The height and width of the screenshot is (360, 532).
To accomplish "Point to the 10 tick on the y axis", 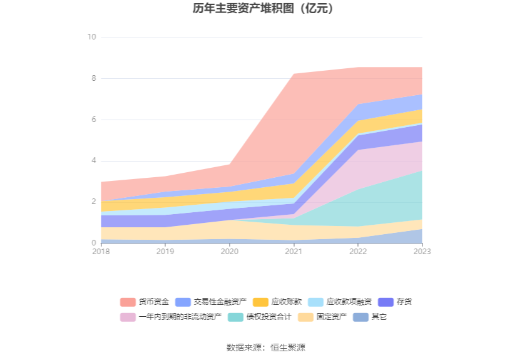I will (x=91, y=38).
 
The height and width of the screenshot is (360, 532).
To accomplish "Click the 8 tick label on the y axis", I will (x=93, y=78).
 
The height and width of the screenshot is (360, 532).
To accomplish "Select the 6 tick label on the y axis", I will (x=93, y=120).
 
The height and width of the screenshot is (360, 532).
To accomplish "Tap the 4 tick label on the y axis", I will (x=93, y=161).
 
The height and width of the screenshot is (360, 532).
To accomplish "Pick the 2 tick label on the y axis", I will (x=93, y=202).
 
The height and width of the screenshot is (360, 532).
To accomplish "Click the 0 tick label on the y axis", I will (x=93, y=243).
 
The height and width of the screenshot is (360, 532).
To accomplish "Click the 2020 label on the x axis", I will (x=229, y=251).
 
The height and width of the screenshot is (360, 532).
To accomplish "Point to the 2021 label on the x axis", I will (x=294, y=251).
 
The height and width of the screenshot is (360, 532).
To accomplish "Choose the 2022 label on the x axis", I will (x=358, y=251).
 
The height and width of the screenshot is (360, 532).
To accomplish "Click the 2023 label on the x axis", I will (x=422, y=251).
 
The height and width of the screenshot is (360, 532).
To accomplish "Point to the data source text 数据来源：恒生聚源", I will (x=265, y=347).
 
